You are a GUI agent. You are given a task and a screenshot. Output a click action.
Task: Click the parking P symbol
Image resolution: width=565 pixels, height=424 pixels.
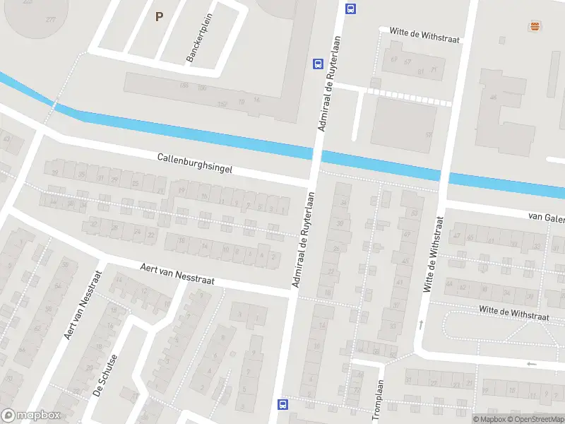(x=159, y=16)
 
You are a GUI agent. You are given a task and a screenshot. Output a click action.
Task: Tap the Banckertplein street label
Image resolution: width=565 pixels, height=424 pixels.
(x=200, y=37)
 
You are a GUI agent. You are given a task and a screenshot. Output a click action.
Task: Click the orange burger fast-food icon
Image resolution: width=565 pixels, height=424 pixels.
(x=535, y=26)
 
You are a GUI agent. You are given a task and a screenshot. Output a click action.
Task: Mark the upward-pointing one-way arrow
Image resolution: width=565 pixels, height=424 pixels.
(x=421, y=324)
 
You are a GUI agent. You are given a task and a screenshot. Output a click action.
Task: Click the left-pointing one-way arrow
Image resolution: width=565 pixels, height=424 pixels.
(x=530, y=364)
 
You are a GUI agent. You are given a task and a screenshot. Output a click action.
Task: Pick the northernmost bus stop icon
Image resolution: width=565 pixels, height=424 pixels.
(x=350, y=9)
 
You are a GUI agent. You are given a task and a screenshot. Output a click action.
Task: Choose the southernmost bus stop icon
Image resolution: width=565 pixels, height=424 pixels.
(x=283, y=405)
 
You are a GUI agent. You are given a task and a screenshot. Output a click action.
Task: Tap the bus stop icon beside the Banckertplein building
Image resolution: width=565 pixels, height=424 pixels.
(x=318, y=64)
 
